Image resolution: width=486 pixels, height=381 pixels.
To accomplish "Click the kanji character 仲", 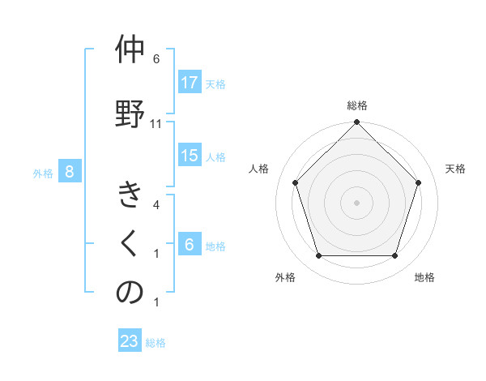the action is click(x=130, y=51).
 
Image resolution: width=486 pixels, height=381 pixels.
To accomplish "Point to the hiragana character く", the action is click(x=130, y=244).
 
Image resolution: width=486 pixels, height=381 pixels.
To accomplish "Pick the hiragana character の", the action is click(x=130, y=293).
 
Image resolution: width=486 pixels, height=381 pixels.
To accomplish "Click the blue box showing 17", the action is click(x=190, y=82).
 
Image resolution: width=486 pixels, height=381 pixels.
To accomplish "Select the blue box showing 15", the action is click(x=190, y=156).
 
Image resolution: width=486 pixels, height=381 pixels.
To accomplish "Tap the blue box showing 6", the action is click(x=190, y=245).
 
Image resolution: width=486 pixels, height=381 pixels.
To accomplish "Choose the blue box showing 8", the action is click(x=70, y=171).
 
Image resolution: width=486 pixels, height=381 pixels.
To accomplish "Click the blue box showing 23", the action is click(x=130, y=341).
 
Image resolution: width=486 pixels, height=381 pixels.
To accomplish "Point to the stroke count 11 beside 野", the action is click(x=156, y=124).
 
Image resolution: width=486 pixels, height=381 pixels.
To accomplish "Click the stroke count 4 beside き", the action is click(x=156, y=205).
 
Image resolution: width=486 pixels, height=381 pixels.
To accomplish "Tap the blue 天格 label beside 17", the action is click(x=215, y=83).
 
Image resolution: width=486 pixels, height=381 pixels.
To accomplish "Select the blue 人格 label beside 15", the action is click(x=215, y=157).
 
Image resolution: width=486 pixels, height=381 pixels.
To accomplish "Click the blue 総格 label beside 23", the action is click(x=156, y=343).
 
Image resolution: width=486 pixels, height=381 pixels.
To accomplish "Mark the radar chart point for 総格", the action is click(x=356, y=123).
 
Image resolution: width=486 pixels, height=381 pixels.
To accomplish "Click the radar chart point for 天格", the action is click(x=419, y=182).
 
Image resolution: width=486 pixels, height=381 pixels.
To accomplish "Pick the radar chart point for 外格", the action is click(x=318, y=256).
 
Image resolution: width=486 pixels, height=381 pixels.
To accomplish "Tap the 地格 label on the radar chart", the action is click(x=424, y=277).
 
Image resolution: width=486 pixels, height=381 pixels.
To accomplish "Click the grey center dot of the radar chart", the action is click(x=356, y=202).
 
